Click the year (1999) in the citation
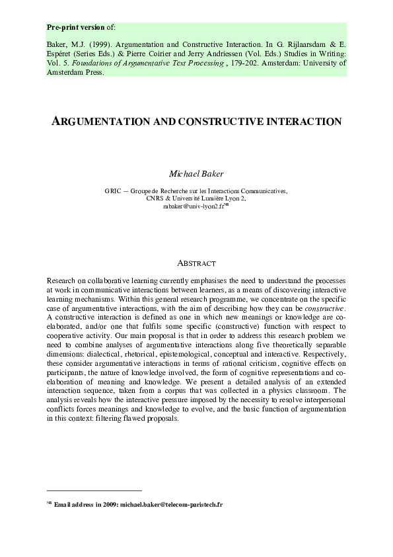coord(101,45)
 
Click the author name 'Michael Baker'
coord(196,174)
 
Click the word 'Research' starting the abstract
coord(63,281)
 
